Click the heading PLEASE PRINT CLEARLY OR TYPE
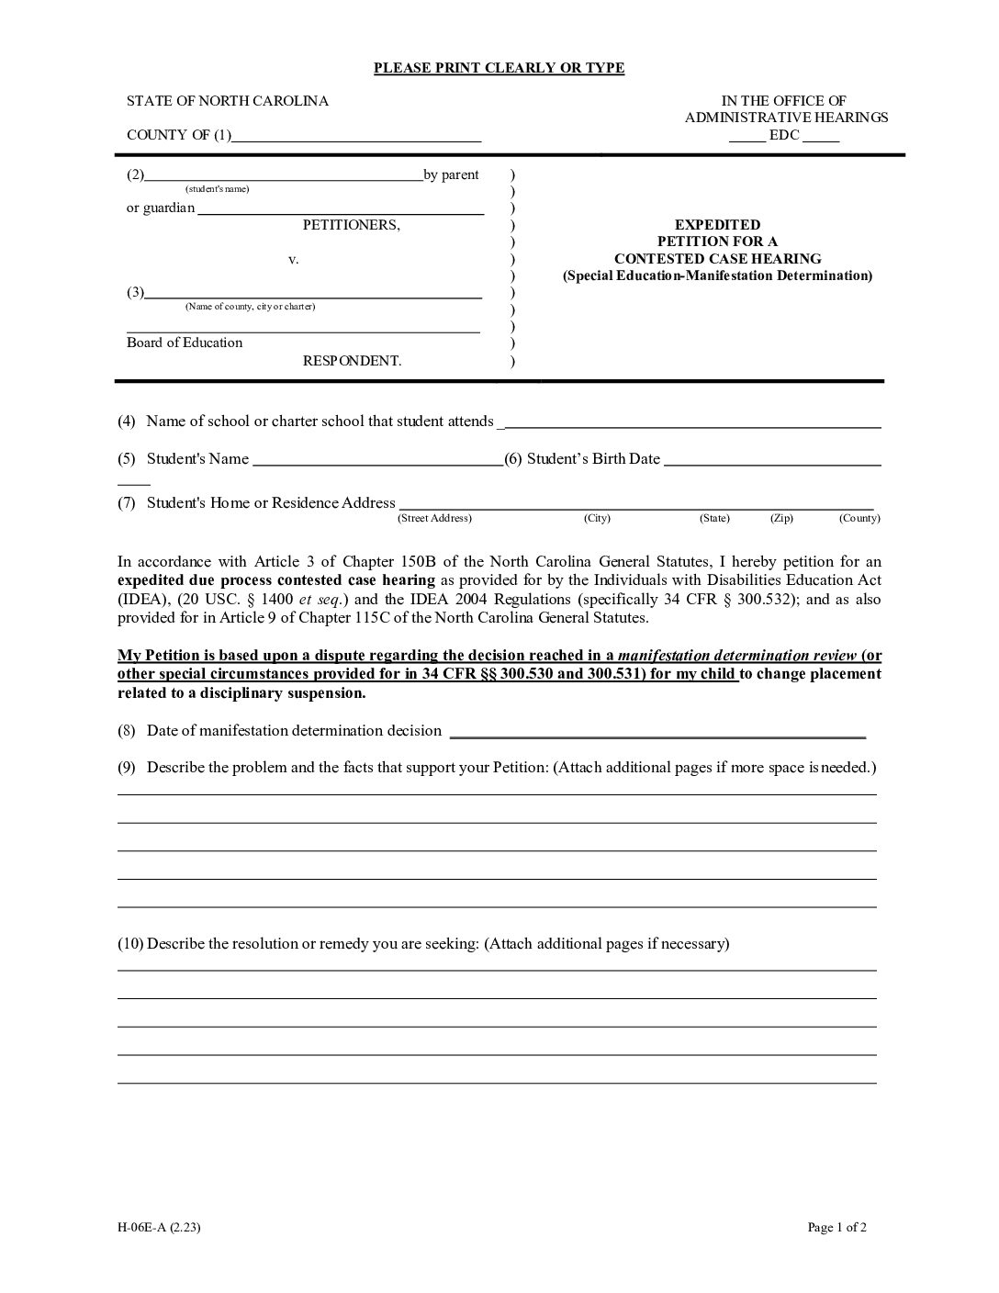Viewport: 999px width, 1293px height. pyautogui.click(x=499, y=68)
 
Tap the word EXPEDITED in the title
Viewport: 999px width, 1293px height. pyautogui.click(x=717, y=225)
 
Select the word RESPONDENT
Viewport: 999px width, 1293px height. pyautogui.click(x=352, y=361)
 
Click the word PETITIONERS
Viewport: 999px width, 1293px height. pyautogui.click(x=352, y=225)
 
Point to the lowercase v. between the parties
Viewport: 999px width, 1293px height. pyautogui.click(x=294, y=260)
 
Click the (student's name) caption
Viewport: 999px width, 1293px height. pyautogui.click(x=217, y=189)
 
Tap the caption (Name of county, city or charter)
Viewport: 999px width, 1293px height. pyautogui.click(x=250, y=307)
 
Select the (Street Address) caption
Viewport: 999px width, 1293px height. pyautogui.click(x=434, y=519)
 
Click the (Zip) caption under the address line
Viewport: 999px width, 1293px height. pyautogui.click(x=781, y=519)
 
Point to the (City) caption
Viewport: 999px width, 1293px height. pyautogui.click(x=597, y=519)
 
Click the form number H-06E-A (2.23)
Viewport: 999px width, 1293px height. pyautogui.click(x=159, y=1227)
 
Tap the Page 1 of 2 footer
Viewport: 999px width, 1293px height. pyautogui.click(x=836, y=1227)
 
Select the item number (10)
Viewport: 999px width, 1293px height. pyautogui.click(x=130, y=943)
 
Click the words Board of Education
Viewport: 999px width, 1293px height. pyautogui.click(x=185, y=343)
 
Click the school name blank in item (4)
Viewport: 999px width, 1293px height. pyautogui.click(x=692, y=424)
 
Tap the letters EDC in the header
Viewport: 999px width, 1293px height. pyautogui.click(x=784, y=135)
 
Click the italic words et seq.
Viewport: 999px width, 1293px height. pyautogui.click(x=320, y=600)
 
